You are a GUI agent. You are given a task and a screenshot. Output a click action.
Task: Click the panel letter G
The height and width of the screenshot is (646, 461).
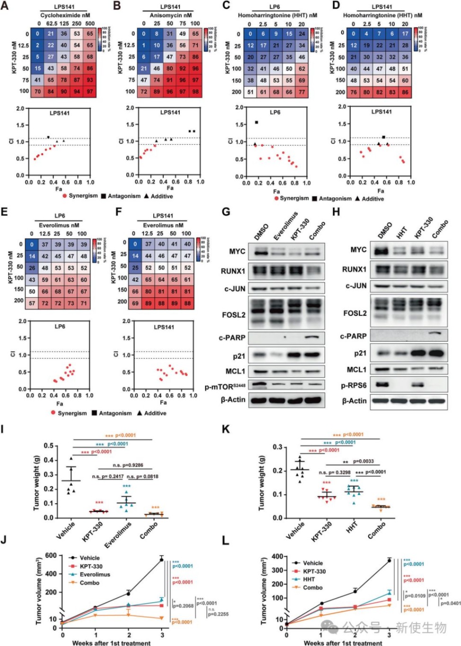point(226,211)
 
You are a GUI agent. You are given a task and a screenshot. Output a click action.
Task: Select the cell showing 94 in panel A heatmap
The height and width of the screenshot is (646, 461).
point(77,91)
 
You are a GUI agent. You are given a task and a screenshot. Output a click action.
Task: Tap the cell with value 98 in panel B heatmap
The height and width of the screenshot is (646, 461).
point(195,91)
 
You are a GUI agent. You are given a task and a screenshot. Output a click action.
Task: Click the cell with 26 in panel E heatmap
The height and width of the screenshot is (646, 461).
point(32,267)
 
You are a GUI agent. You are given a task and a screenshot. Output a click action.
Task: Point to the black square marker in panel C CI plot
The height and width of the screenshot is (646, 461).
point(257,122)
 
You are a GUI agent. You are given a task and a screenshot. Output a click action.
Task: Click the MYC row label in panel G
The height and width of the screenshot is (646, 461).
point(237,251)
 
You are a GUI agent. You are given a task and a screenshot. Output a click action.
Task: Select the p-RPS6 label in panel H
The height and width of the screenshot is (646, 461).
point(354,385)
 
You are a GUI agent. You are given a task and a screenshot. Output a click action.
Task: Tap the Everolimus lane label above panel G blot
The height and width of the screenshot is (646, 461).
point(285,226)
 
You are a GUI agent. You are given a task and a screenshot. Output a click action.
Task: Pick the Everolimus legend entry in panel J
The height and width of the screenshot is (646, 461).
point(95,575)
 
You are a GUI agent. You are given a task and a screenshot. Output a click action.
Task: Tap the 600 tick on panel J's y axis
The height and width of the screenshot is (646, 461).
point(51,556)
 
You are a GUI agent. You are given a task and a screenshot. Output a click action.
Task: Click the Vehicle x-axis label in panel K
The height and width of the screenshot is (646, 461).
point(295,530)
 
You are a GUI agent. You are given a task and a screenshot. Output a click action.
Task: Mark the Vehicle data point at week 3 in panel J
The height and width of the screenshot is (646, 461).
point(161,560)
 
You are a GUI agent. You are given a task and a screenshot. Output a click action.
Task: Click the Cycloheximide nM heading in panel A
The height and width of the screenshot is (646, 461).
point(65,15)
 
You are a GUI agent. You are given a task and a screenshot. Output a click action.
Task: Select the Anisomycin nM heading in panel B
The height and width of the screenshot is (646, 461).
point(170,15)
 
